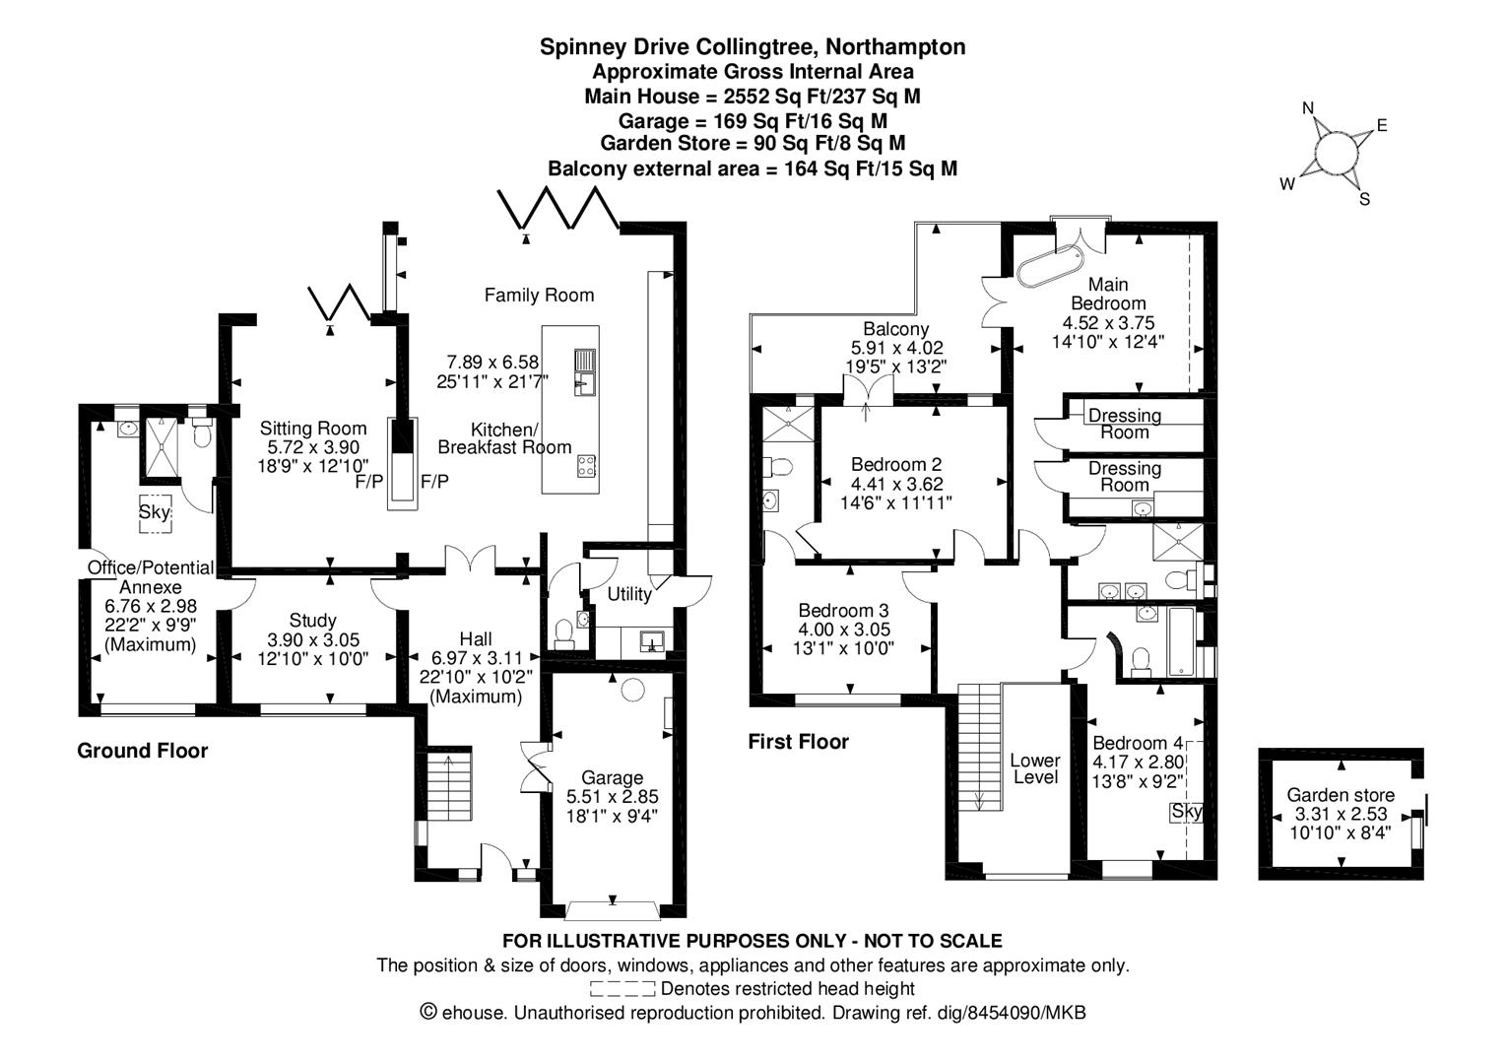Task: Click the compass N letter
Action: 1308,108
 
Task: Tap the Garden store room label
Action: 1341,795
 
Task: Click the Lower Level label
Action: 1035,768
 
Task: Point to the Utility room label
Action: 628,594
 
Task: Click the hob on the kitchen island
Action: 586,466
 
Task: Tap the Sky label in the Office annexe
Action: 154,512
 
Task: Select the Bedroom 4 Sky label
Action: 1187,812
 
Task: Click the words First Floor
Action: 798,742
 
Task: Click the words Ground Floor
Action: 143,751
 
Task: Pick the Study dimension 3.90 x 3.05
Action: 313,639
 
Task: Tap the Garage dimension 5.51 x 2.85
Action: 612,797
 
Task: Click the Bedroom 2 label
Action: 896,465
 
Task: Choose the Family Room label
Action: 539,295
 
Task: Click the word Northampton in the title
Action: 895,46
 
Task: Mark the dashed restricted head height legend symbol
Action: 622,988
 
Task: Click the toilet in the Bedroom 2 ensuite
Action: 778,465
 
